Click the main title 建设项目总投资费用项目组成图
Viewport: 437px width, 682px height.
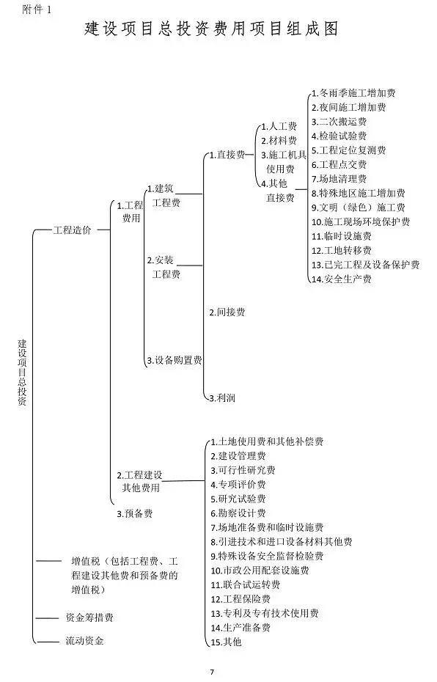tap(211, 29)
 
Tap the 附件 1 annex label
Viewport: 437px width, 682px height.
tap(37, 10)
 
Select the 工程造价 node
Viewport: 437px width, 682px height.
tap(72, 230)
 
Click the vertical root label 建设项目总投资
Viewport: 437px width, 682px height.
tap(22, 373)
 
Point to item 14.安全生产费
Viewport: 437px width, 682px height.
tap(342, 279)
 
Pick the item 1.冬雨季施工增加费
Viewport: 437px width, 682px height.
tap(353, 93)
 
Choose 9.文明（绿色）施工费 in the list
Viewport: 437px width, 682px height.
tap(359, 208)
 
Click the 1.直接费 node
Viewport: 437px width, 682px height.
tap(227, 155)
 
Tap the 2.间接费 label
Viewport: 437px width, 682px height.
tap(227, 312)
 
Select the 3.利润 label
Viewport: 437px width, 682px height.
tap(222, 397)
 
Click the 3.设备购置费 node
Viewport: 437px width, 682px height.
tap(175, 360)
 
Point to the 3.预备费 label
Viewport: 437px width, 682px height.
tap(135, 513)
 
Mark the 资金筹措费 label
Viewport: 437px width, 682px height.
tap(89, 617)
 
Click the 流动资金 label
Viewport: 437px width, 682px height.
tap(85, 641)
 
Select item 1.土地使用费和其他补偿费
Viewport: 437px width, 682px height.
tap(267, 442)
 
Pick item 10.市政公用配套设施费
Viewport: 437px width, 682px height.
tap(260, 571)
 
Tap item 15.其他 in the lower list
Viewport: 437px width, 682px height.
tap(226, 642)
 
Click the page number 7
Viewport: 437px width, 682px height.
tap(212, 672)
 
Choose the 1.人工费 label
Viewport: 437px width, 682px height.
tap(279, 127)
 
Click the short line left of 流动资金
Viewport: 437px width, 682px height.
tap(48, 642)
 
